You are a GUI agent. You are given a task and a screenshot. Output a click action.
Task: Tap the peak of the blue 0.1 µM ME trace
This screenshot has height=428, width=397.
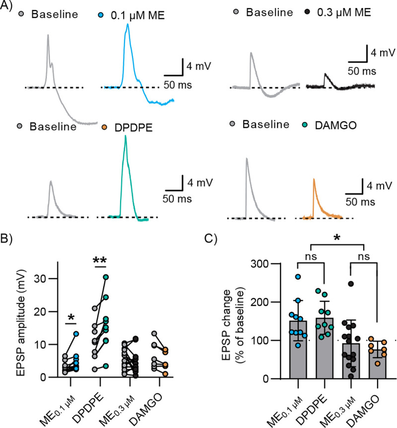pos(128,25)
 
